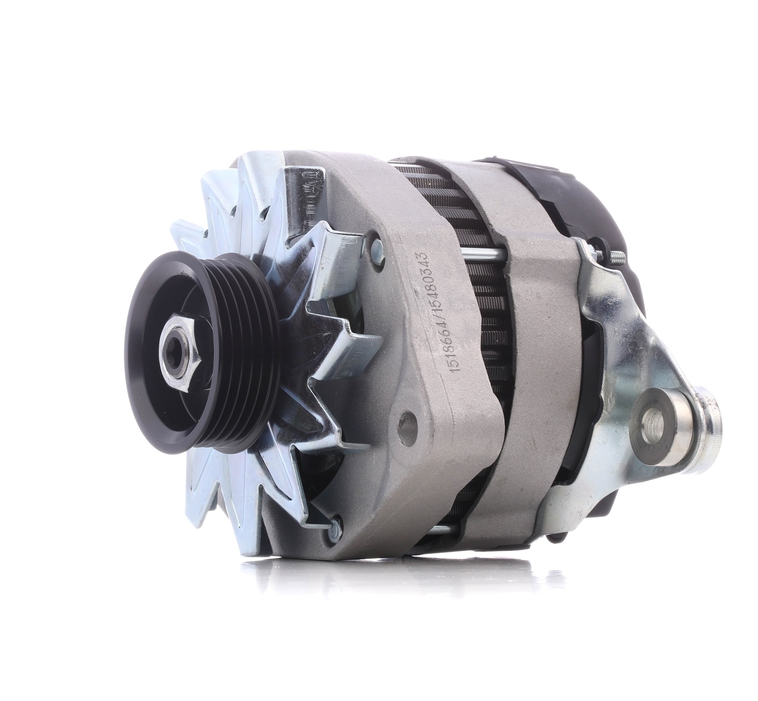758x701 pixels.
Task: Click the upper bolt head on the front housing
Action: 377,249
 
